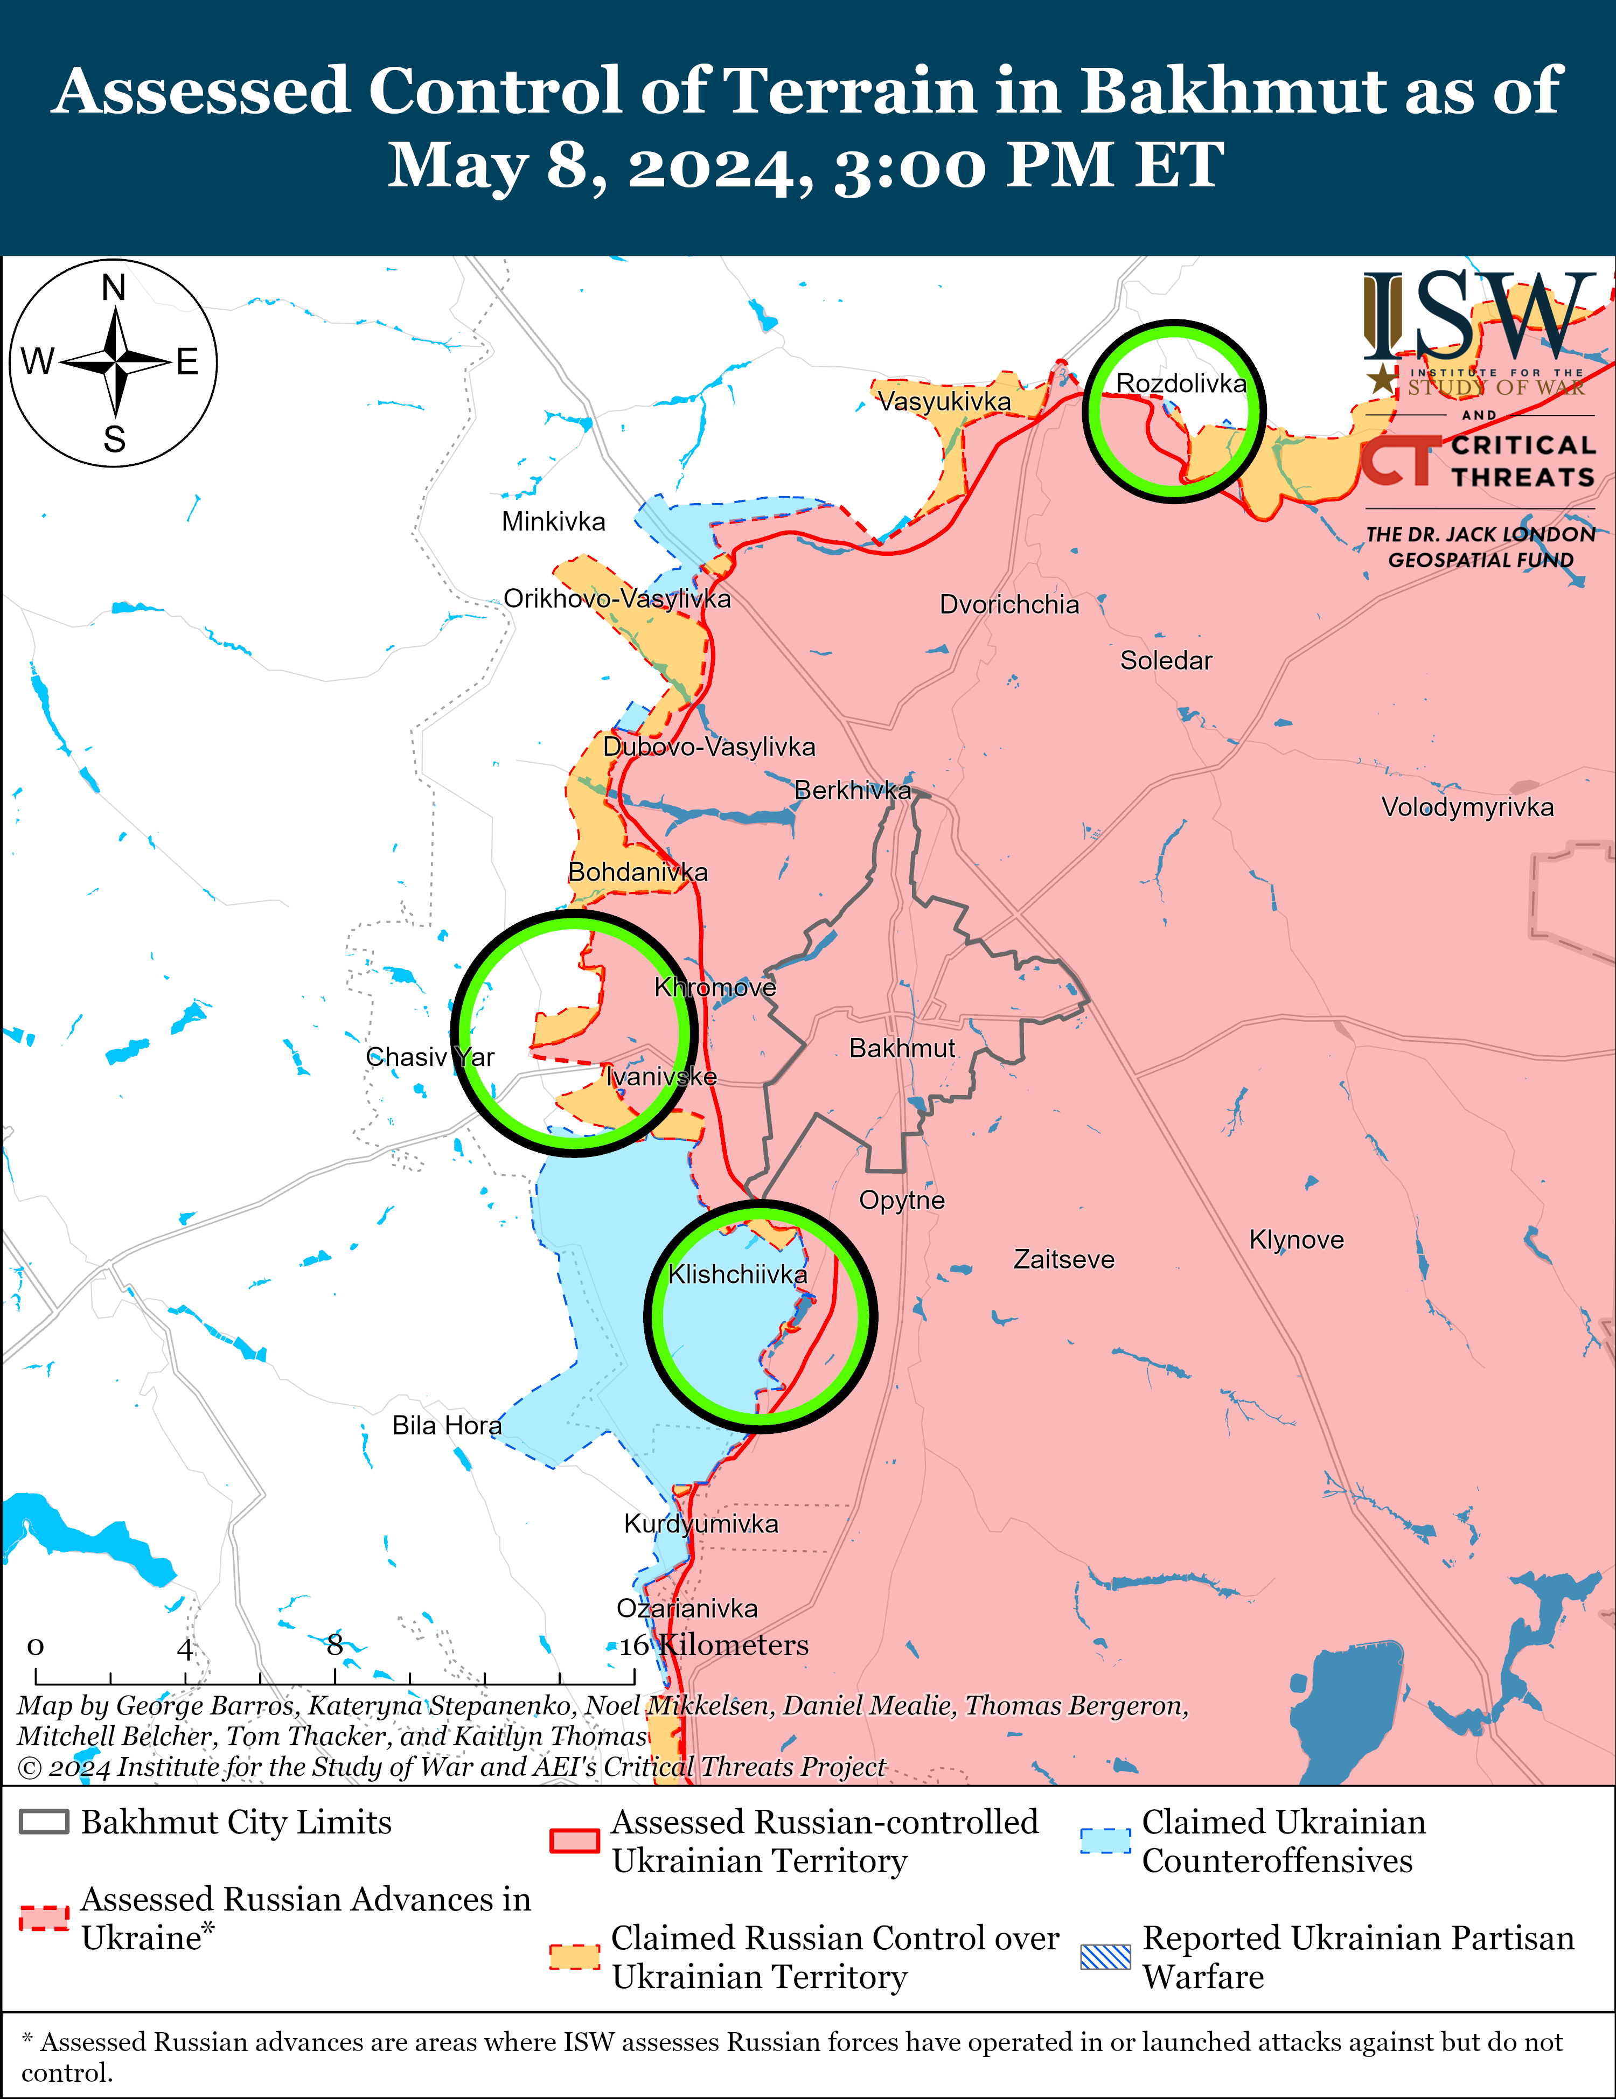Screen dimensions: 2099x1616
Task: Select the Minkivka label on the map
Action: pos(554,522)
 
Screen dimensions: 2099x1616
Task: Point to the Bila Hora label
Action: pos(447,1425)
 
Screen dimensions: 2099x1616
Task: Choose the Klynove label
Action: pos(1296,1240)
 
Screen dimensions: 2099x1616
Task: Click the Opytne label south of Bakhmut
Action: pos(902,1201)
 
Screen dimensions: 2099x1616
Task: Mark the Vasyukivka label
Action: pos(944,402)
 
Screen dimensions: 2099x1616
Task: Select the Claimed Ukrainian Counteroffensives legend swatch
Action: pos(1105,1839)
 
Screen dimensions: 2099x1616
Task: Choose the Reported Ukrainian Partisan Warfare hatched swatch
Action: pos(1105,1957)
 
